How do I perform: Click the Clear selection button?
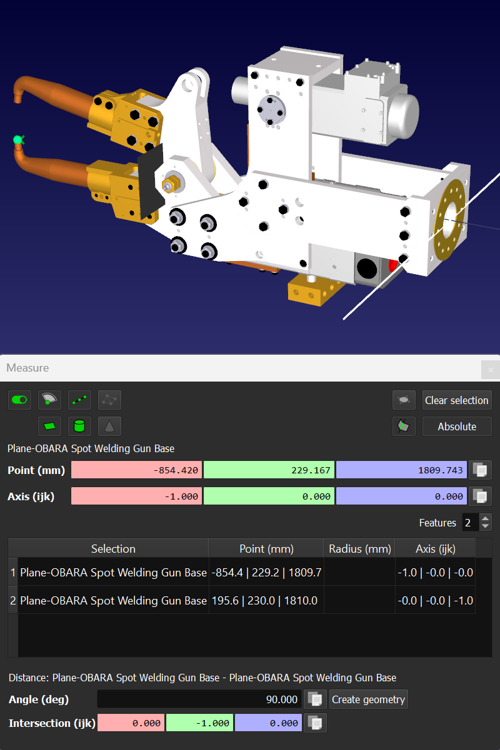click(457, 400)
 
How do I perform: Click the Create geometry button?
click(369, 699)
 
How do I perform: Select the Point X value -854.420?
click(136, 470)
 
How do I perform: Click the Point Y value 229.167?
click(269, 470)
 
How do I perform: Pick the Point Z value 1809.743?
click(401, 470)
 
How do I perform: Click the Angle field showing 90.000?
click(199, 699)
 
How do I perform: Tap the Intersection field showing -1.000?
click(199, 723)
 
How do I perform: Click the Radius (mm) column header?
click(359, 549)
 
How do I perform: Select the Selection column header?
click(113, 549)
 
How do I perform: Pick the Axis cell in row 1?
click(435, 572)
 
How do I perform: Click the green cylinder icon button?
click(79, 427)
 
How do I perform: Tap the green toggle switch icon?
click(19, 400)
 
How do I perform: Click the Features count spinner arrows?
click(486, 523)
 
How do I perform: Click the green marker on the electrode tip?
click(19, 140)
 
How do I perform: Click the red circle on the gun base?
click(393, 265)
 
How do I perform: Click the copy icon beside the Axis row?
click(480, 496)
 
